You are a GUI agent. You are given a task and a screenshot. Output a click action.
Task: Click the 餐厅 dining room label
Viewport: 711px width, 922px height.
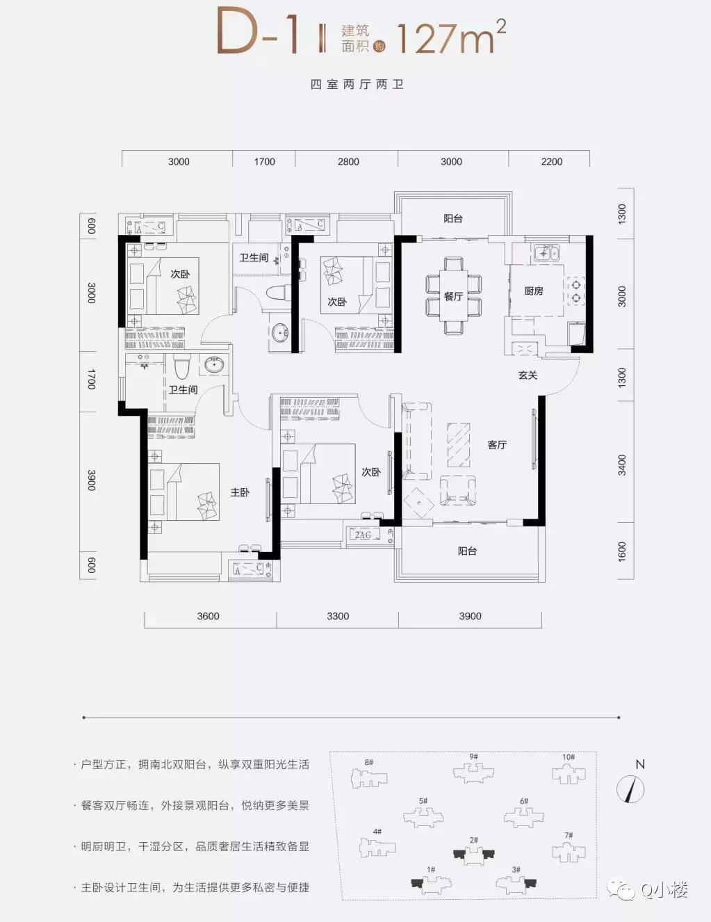tap(453, 296)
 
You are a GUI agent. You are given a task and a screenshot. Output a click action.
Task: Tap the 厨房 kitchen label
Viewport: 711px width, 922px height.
tap(534, 291)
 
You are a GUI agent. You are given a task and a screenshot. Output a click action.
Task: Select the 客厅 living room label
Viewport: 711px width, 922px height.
tap(497, 444)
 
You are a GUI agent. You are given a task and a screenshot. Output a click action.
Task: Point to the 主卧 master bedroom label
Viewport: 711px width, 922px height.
tap(240, 492)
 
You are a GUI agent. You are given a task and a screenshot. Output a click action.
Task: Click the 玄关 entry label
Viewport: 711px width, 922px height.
tap(528, 375)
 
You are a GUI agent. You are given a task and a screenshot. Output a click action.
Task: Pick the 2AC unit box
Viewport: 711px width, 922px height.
tap(363, 535)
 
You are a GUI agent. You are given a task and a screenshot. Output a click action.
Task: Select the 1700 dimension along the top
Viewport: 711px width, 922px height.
tap(264, 161)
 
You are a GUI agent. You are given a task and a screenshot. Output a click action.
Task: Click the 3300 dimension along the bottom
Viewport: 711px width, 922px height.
tap(338, 616)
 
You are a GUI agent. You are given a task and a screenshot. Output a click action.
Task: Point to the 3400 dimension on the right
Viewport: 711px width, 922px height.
tap(622, 464)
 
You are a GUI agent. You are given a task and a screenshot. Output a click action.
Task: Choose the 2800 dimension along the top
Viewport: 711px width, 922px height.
tap(348, 161)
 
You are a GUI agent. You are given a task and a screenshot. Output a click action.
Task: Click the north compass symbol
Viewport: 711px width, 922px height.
tap(631, 788)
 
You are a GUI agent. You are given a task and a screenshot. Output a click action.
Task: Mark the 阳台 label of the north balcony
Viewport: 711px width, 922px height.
tap(453, 218)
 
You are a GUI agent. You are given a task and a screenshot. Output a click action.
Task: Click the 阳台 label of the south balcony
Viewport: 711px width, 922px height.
tap(467, 551)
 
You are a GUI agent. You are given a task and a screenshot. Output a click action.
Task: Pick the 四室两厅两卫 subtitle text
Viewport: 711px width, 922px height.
tap(357, 85)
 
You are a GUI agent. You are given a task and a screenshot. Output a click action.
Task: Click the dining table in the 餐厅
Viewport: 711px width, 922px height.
tap(453, 296)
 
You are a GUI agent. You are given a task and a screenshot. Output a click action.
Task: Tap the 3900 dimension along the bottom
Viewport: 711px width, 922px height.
tap(470, 616)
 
